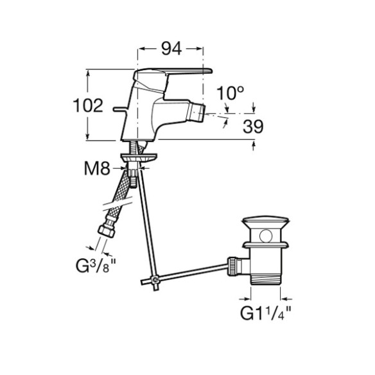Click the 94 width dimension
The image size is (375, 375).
171,49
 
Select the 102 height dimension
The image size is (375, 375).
88,105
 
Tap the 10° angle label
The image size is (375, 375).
230,93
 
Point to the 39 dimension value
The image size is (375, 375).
253,126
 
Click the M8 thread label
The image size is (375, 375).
97,168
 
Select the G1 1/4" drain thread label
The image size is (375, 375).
265,313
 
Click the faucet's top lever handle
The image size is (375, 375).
172,72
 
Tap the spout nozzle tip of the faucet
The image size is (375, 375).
196,112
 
